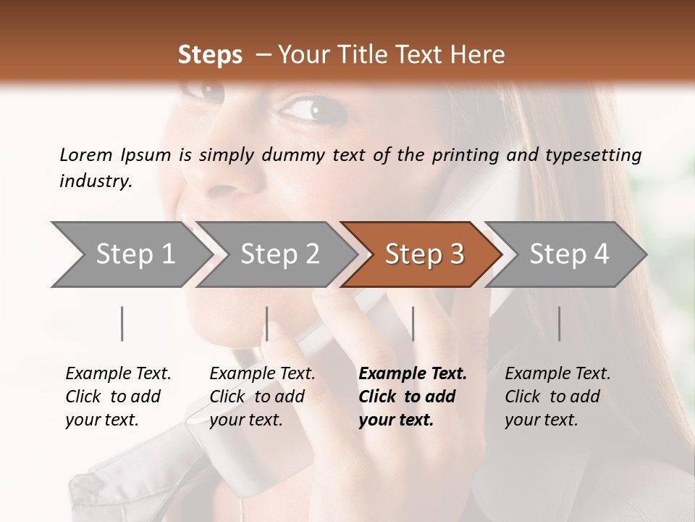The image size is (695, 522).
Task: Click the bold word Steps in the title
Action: click(210, 55)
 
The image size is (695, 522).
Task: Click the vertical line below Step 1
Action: click(122, 323)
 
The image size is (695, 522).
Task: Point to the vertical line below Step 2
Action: click(267, 323)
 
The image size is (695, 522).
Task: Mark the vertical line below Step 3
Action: click(413, 323)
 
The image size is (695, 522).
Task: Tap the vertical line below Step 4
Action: click(559, 323)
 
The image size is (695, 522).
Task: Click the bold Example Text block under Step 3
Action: click(412, 397)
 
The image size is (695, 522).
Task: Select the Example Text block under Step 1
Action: click(118, 397)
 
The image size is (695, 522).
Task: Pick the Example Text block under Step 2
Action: click(262, 397)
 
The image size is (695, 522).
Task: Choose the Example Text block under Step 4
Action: click(557, 397)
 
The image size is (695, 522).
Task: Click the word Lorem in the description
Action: click(86, 154)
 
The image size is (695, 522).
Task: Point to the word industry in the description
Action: click(96, 181)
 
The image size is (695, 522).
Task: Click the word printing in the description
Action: click(466, 154)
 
